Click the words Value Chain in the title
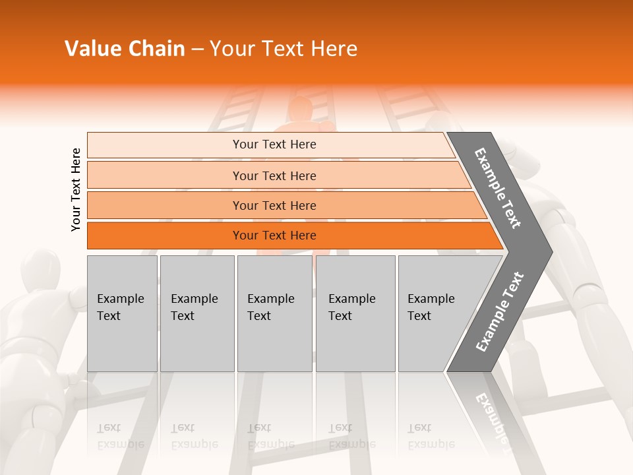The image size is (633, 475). (125, 49)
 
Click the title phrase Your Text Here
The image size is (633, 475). (284, 49)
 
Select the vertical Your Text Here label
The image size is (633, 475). (76, 189)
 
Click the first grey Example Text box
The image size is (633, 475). (122, 313)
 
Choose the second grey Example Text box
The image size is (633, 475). (196, 313)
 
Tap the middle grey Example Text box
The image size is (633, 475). (274, 313)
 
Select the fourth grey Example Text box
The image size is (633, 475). (355, 313)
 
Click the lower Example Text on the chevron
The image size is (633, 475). (499, 312)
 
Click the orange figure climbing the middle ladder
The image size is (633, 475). (300, 119)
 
